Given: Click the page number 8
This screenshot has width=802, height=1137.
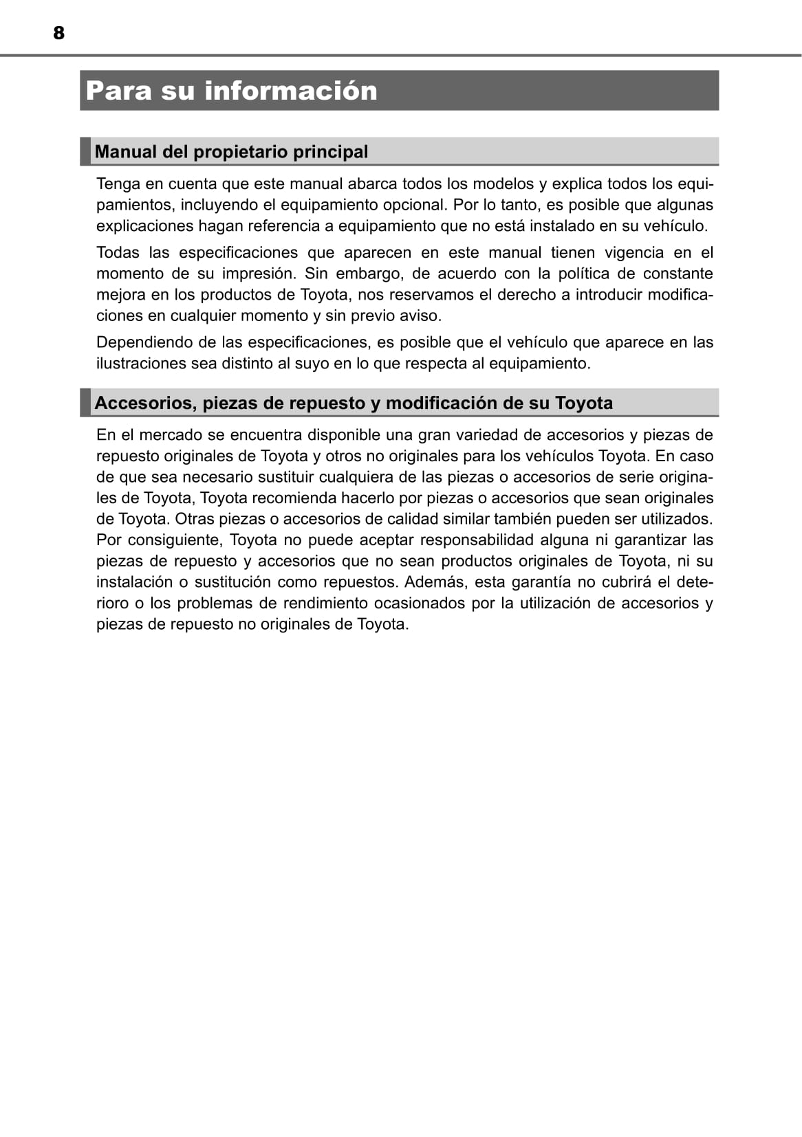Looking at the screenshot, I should (58, 33).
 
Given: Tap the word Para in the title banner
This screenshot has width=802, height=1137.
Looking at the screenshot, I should (119, 91).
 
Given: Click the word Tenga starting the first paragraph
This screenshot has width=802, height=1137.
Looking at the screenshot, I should (118, 184).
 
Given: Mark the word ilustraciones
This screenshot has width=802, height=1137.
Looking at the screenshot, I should (141, 364).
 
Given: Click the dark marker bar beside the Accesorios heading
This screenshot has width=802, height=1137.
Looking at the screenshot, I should (85, 403).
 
